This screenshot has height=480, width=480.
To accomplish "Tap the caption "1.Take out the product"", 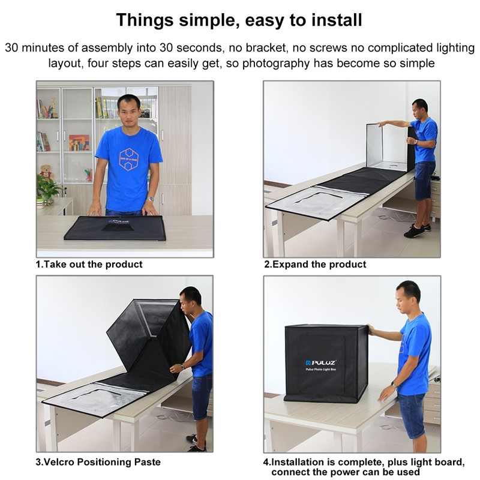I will coord(89,264).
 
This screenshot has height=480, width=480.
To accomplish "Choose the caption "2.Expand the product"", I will coord(315,264).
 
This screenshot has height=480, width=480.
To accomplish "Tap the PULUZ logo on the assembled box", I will coord(320,363).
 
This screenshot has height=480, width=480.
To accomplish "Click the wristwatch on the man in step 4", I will coord(392,384).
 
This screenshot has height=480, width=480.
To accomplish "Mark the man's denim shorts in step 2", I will coord(425,179).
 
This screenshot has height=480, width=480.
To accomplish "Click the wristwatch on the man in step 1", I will coord(151,199).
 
